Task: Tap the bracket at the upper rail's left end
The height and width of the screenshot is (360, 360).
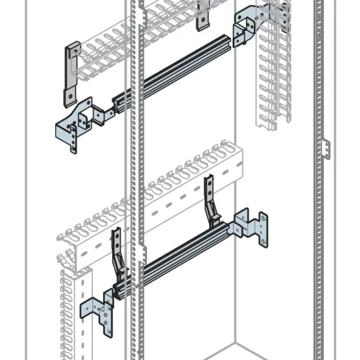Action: click(x=75, y=123)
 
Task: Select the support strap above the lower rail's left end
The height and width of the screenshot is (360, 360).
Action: click(x=118, y=252)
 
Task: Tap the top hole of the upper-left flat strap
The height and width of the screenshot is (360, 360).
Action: click(x=73, y=49)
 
